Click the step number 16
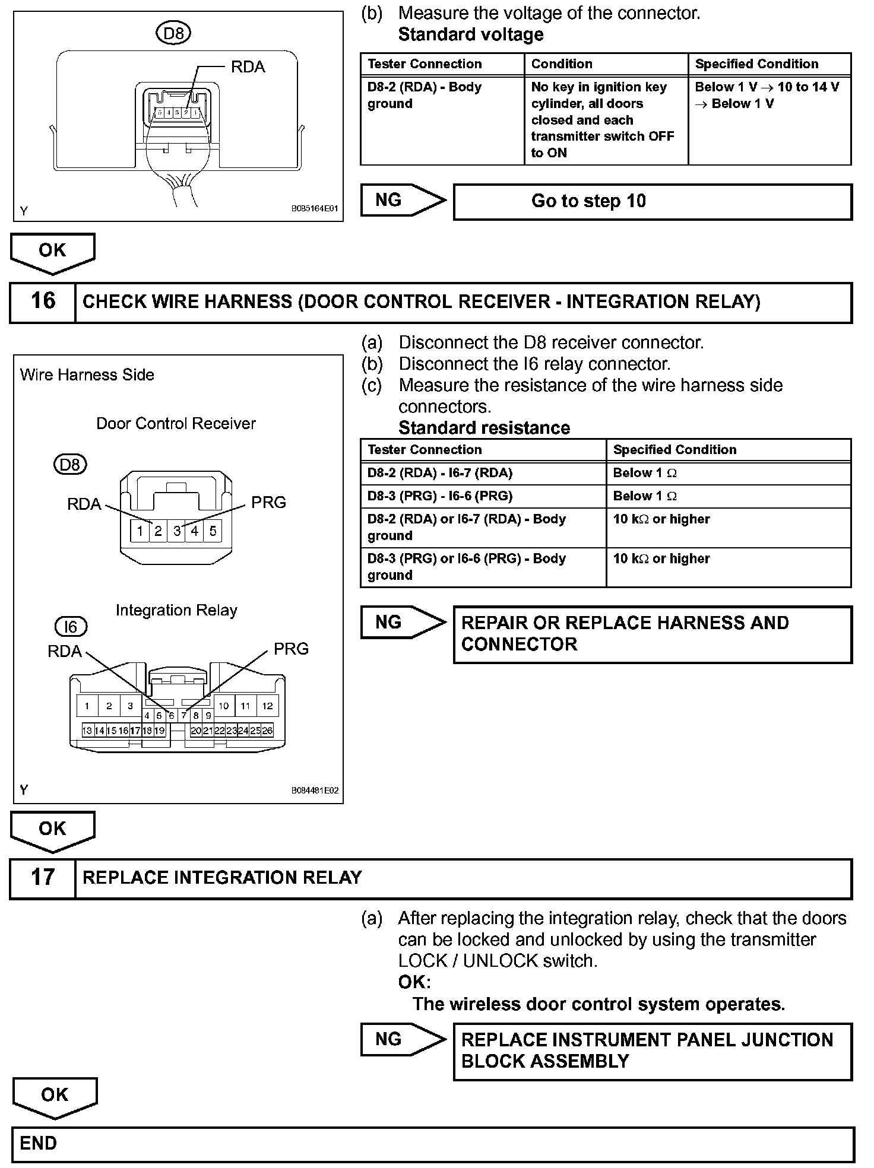[x=43, y=301]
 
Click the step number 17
[x=43, y=877]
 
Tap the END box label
[x=38, y=1143]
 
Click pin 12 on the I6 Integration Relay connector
[x=267, y=706]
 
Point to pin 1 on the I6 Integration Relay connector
[x=87, y=706]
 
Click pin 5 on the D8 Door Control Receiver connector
[x=213, y=531]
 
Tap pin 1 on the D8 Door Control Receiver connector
[x=140, y=531]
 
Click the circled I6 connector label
[x=71, y=627]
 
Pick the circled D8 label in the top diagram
[x=173, y=33]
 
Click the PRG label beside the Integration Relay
[x=291, y=649]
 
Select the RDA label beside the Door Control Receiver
[x=84, y=504]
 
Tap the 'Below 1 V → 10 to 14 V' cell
[x=769, y=96]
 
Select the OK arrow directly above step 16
[x=52, y=252]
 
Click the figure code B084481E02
[x=315, y=791]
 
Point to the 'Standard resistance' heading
[x=484, y=428]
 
